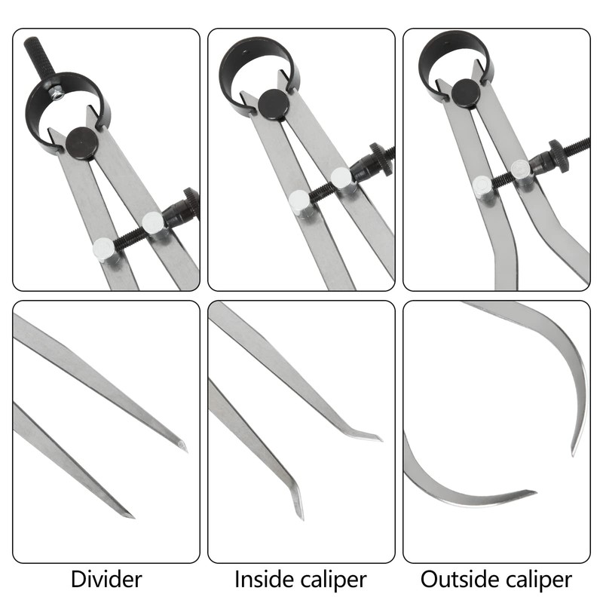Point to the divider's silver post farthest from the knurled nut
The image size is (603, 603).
tap(103, 249)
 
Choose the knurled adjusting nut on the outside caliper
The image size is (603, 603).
tap(560, 155)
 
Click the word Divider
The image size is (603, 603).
tap(106, 580)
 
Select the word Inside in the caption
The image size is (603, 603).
tap(262, 580)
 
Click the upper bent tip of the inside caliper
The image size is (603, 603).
tap(379, 438)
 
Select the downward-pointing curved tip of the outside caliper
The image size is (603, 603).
tap(574, 452)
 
